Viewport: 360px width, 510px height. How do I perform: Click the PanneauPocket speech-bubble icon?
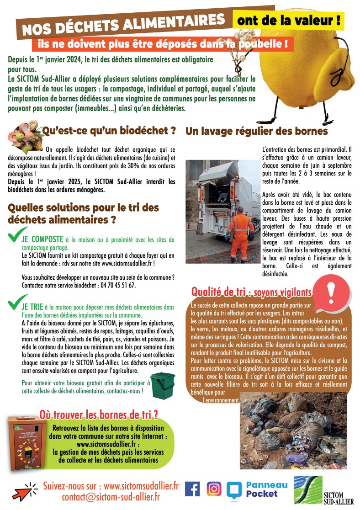click(233, 489)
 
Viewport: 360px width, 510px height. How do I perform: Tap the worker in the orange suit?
click(241, 233)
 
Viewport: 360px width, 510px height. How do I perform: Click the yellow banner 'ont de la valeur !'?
click(289, 20)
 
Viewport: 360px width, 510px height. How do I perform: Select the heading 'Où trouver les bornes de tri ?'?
click(99, 414)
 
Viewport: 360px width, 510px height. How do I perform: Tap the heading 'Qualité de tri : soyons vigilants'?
click(252, 291)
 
